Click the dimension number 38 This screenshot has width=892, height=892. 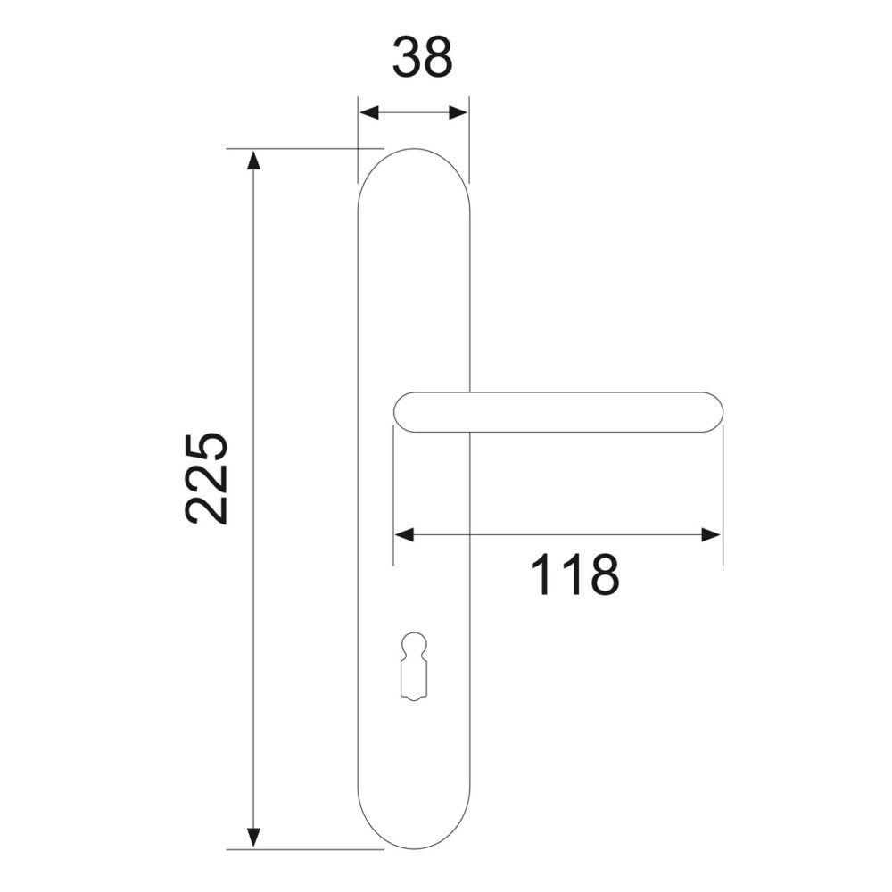[423, 57]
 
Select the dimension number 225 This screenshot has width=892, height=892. [206, 478]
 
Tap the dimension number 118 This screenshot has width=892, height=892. [574, 574]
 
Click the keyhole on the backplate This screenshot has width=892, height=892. [413, 665]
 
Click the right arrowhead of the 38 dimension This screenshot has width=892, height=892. [458, 112]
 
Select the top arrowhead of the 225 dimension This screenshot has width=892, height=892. [253, 161]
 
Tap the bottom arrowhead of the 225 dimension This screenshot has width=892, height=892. [253, 838]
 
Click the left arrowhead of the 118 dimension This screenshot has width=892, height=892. [404, 534]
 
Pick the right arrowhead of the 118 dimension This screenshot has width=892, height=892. [711, 534]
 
